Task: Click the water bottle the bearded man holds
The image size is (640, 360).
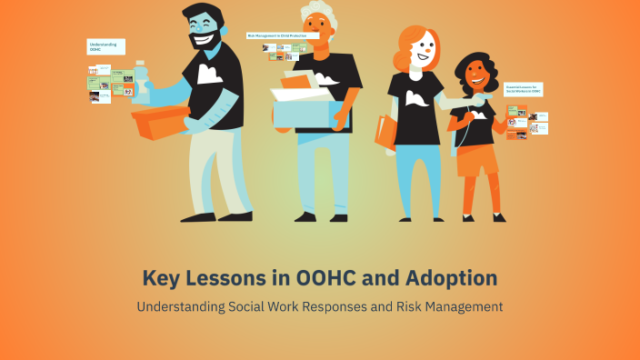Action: [140, 80]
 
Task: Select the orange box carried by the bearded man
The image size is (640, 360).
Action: [160, 122]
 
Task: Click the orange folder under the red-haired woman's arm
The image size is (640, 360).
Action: [385, 132]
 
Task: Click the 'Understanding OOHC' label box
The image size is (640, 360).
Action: [105, 46]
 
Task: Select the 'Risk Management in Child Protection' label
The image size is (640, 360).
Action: [282, 35]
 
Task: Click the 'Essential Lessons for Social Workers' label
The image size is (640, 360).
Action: [524, 89]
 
